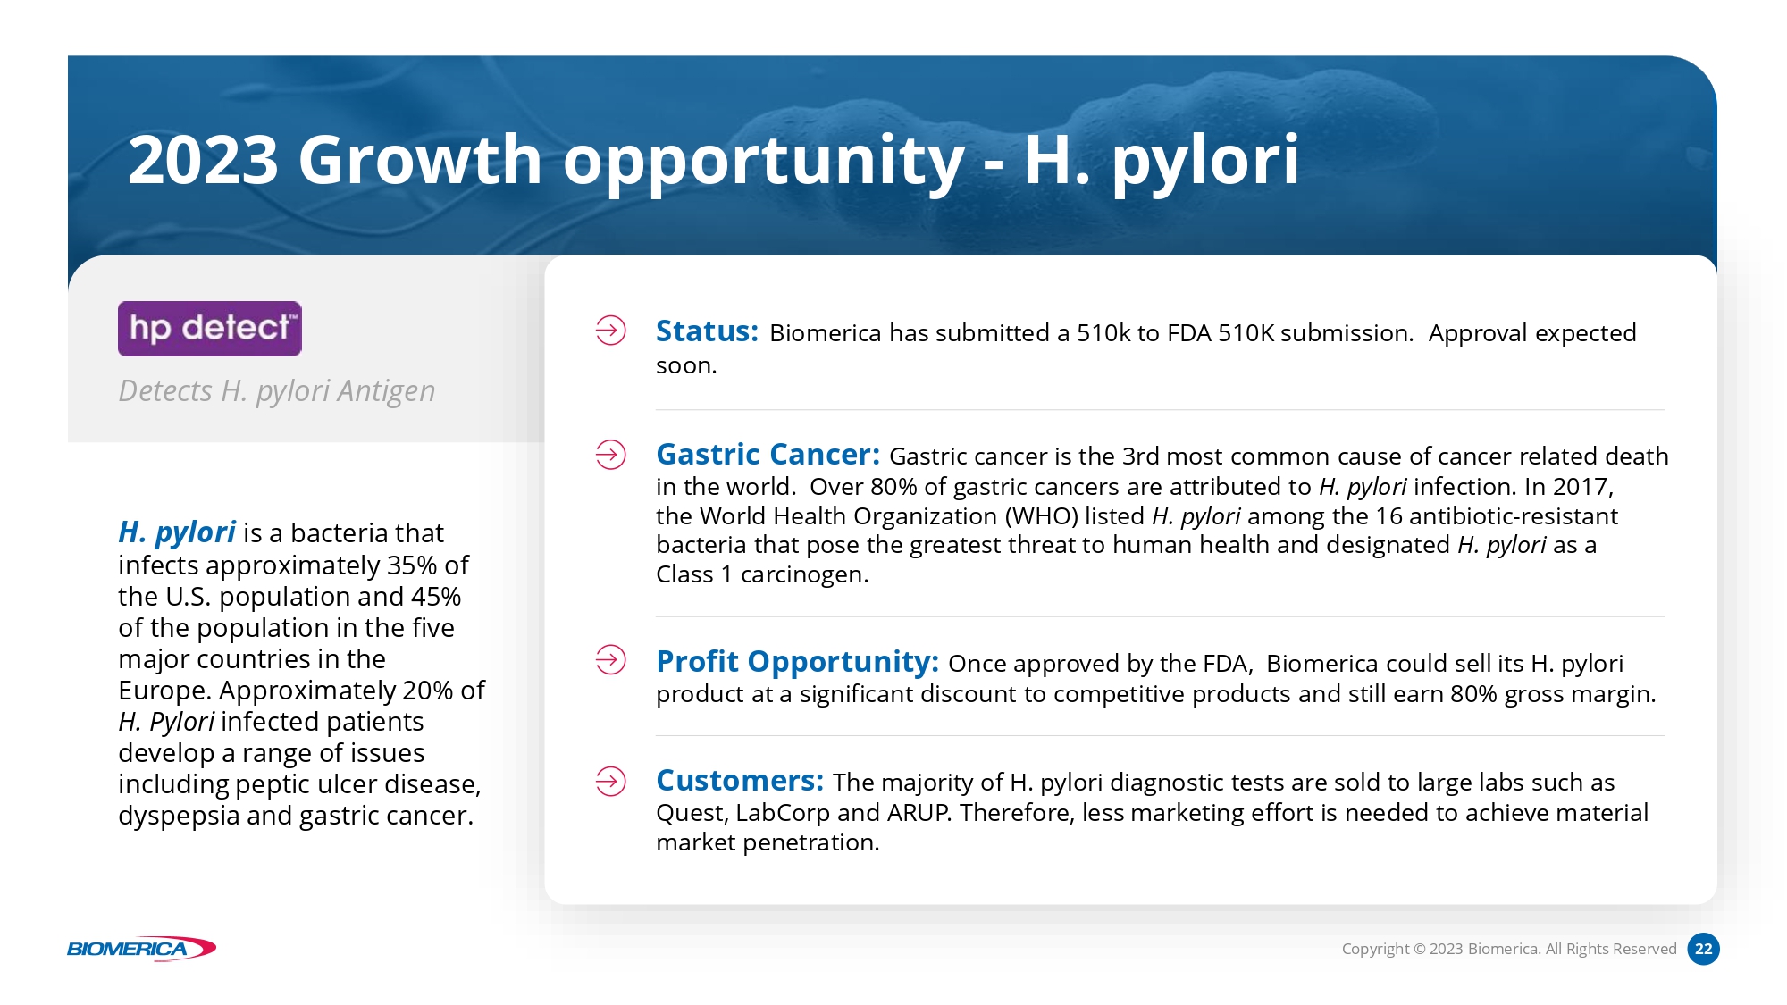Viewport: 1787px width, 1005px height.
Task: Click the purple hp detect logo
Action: (x=210, y=329)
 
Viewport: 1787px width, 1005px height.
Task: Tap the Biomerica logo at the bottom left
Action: (x=141, y=949)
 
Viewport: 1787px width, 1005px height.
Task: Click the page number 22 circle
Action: (x=1703, y=949)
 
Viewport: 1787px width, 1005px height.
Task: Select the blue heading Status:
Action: (x=707, y=331)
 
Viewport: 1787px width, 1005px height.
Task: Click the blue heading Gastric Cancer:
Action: (x=768, y=455)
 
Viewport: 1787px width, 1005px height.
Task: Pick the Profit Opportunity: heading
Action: (x=797, y=662)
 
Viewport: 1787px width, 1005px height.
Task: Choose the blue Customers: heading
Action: (x=740, y=781)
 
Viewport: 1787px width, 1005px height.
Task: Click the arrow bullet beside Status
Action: (x=611, y=331)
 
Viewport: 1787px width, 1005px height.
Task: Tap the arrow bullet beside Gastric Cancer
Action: (x=611, y=455)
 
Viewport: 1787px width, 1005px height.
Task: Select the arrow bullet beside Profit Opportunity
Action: (x=611, y=660)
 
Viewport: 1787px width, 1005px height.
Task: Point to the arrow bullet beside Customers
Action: (x=611, y=782)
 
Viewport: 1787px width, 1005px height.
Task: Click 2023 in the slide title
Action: (x=204, y=161)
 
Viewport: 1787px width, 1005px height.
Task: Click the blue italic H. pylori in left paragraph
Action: (x=177, y=533)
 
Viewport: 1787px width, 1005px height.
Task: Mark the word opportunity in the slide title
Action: (x=764, y=163)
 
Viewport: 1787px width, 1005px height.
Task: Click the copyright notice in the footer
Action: (x=1509, y=949)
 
